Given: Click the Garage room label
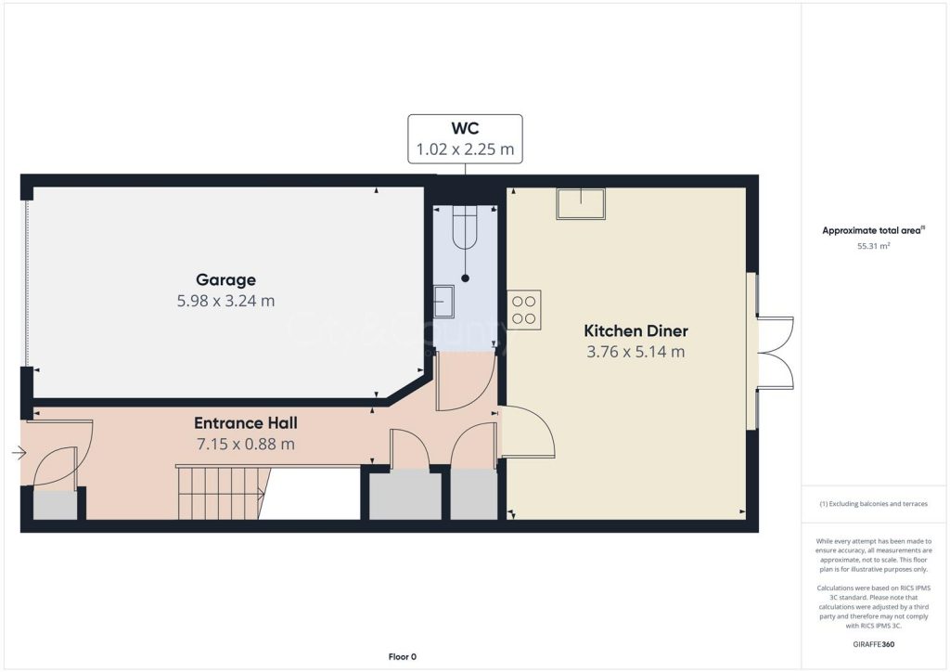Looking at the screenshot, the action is [225, 280].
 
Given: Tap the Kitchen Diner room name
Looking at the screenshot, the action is [635, 330].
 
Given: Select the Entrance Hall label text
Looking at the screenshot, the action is [245, 423].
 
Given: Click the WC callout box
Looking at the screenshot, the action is [465, 139].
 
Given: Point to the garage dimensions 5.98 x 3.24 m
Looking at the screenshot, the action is [225, 301].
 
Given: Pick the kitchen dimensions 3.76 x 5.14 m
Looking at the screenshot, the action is [635, 352].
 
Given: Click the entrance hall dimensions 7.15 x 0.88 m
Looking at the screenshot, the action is [245, 445].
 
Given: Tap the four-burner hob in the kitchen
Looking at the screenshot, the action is [524, 310].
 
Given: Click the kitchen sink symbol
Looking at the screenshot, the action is [581, 203].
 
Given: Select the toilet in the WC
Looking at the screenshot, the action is [466, 227].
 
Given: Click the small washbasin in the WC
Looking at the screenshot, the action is [443, 301].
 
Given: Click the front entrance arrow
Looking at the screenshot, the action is [19, 453].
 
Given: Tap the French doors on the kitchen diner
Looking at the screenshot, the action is [774, 352].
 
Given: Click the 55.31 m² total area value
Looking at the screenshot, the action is [873, 246].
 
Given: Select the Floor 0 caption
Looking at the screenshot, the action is [403, 657].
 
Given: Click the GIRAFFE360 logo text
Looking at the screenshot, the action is [873, 644].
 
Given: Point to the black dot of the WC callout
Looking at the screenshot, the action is [466, 278].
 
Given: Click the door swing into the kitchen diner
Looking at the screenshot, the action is [527, 431].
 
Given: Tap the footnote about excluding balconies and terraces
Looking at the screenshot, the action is [873, 504].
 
